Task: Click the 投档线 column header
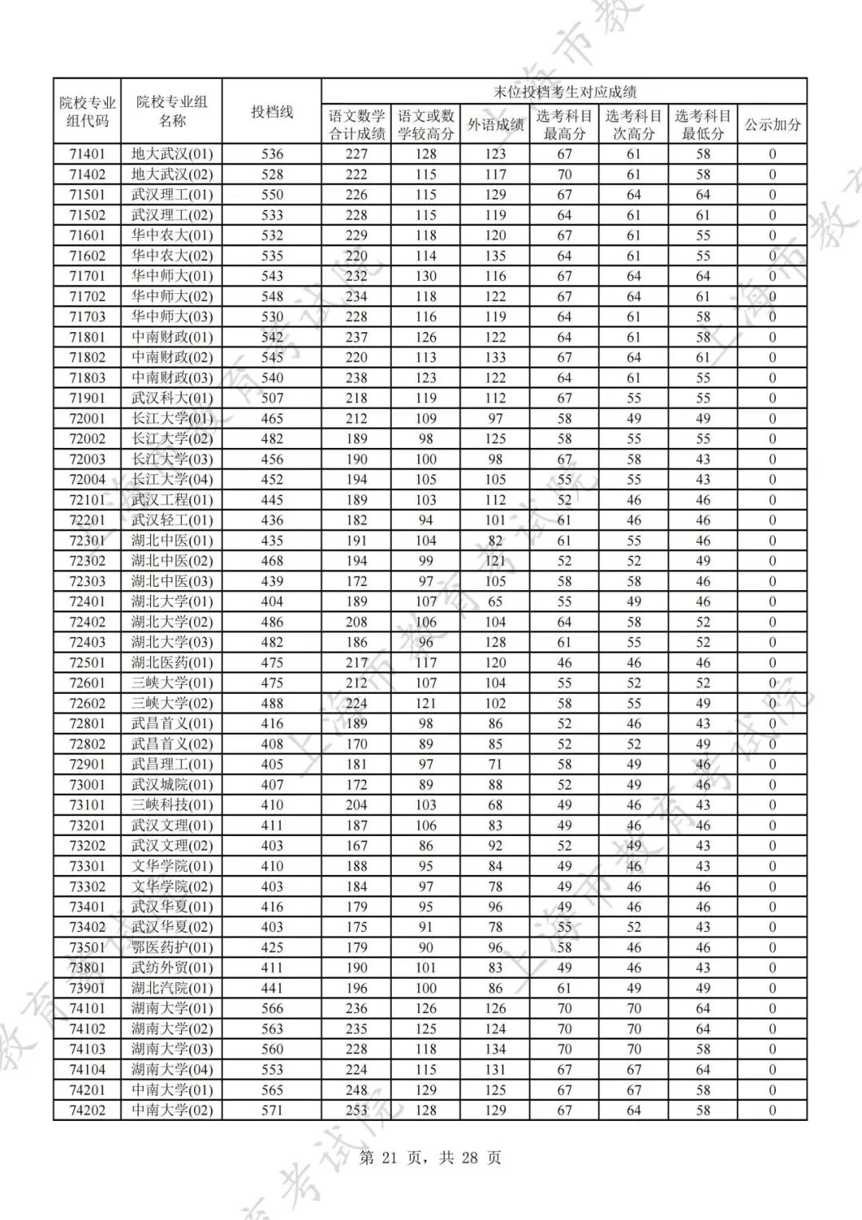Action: (272, 112)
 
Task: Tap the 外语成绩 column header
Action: (495, 125)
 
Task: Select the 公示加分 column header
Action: (772, 125)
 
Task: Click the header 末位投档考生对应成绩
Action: (564, 92)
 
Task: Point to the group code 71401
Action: (87, 154)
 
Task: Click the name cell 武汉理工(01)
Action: (172, 195)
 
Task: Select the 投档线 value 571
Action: (272, 1110)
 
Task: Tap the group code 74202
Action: (87, 1110)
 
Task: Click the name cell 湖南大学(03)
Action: (172, 1049)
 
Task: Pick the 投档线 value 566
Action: (272, 1008)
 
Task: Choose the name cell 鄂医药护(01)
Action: (172, 948)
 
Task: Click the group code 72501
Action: (87, 663)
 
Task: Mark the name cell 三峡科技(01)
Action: (172, 805)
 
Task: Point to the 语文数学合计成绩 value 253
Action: (356, 1110)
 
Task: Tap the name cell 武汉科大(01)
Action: (172, 398)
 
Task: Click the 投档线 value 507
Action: (272, 398)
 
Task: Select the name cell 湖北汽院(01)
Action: (172, 988)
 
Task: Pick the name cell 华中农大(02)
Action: (172, 255)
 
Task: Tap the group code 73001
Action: (87, 785)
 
